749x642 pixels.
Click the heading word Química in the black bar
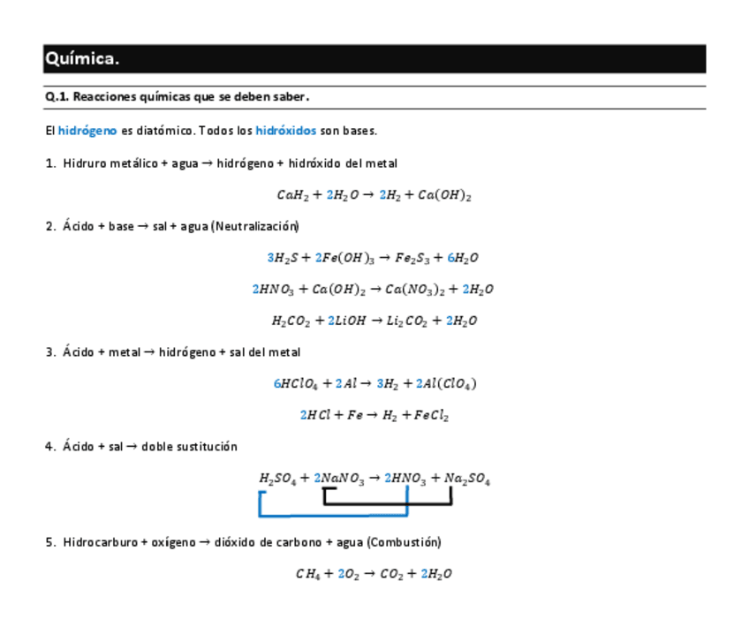coord(81,59)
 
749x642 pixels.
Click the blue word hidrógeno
coord(87,131)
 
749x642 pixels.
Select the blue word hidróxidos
coord(285,131)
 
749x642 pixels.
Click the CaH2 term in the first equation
coord(291,195)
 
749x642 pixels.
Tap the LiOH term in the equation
coord(349,321)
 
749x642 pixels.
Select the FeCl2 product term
coord(430,415)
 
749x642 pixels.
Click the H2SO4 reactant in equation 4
coord(278,479)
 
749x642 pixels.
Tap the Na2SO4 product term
coord(467,479)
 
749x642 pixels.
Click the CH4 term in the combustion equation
coord(308,573)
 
